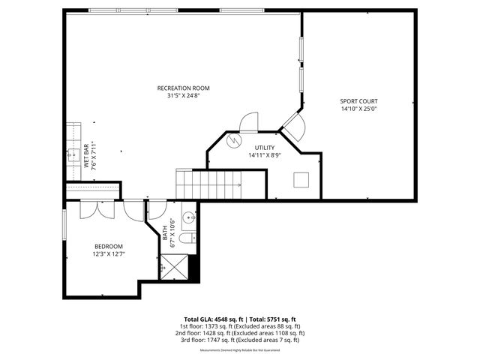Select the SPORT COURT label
tap(359, 101)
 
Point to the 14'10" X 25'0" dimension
tap(359, 109)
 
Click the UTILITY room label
tap(264, 148)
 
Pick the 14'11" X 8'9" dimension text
tap(264, 155)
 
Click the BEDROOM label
tap(109, 246)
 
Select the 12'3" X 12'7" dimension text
tap(109, 253)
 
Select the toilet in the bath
tap(187, 239)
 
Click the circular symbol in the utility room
tap(232, 140)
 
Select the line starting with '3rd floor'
tap(240, 340)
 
